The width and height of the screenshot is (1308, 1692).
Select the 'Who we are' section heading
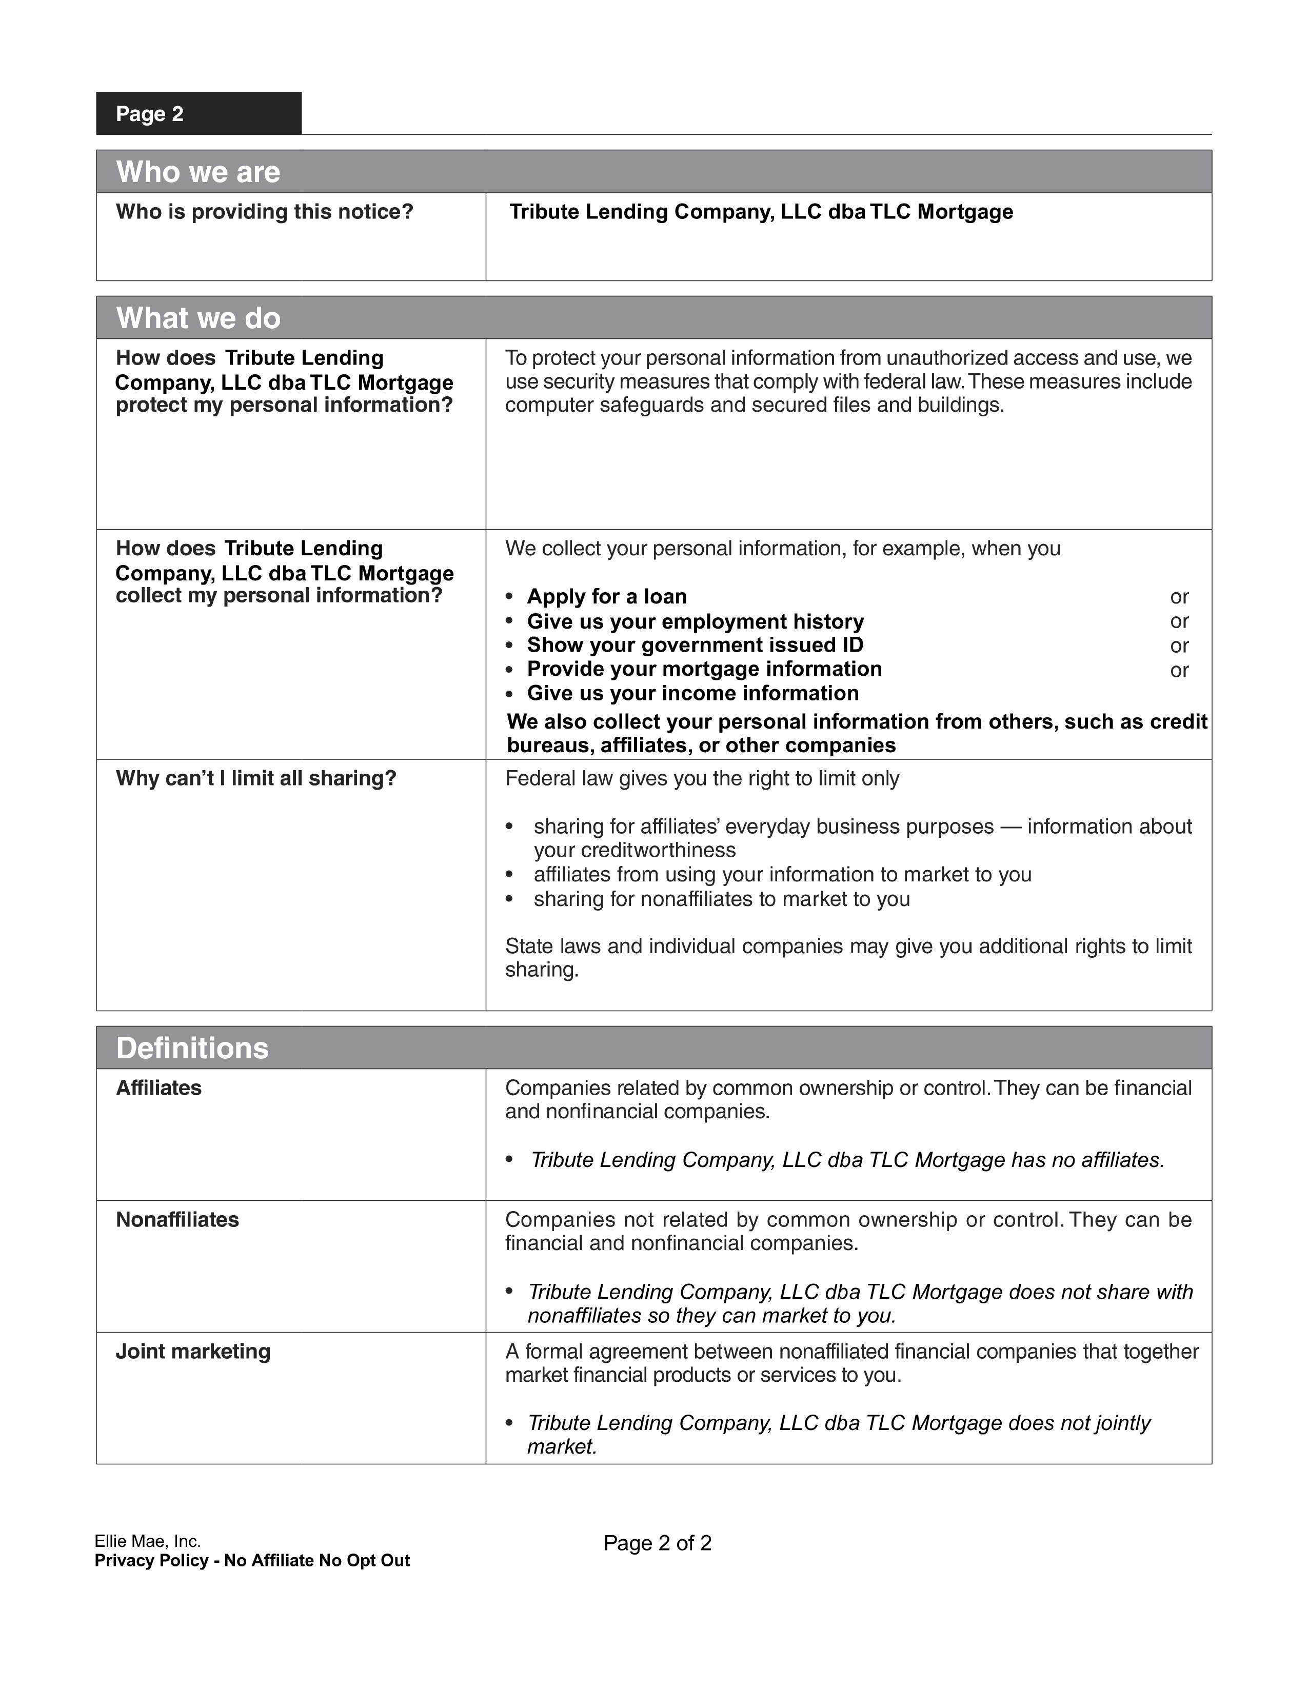point(199,172)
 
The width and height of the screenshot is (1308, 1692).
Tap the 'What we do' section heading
point(199,318)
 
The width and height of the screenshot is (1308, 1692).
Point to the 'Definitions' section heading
point(192,1048)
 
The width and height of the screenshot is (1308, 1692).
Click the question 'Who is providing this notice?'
point(264,211)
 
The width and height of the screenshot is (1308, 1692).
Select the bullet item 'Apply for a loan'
point(607,596)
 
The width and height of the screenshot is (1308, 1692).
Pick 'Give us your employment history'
point(695,621)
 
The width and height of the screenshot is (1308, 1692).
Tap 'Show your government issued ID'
point(695,646)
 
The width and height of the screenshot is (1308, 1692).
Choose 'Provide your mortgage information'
point(704,669)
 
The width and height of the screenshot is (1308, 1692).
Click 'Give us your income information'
point(693,693)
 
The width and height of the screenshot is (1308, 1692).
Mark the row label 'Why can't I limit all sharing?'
point(256,779)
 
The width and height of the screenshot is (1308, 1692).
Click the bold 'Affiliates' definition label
point(159,1089)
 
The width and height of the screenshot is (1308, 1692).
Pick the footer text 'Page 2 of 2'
point(657,1543)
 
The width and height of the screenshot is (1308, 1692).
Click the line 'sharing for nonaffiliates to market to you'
point(721,899)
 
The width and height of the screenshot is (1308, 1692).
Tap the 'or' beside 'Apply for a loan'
point(1179,596)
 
